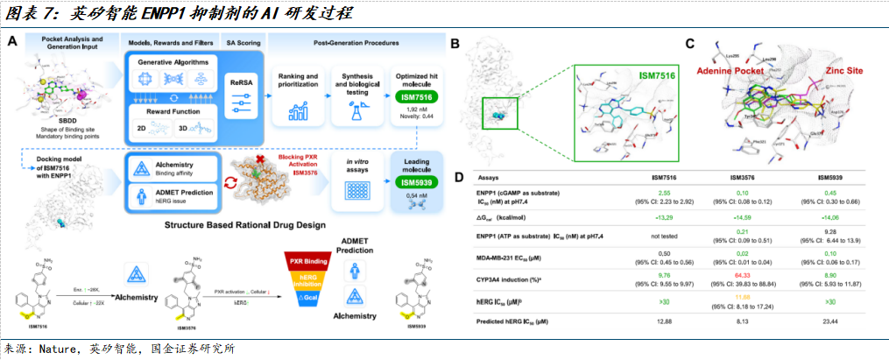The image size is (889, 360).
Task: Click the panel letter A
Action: click(x=14, y=41)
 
